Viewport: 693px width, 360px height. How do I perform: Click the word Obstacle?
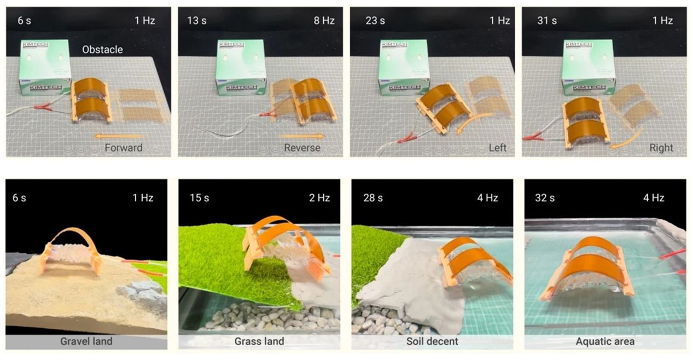pyautogui.click(x=102, y=50)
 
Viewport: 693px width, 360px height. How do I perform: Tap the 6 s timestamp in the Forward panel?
pyautogui.click(x=24, y=20)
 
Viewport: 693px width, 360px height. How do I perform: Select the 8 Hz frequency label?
pyautogui.click(x=324, y=20)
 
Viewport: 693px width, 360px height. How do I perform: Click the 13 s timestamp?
pyautogui.click(x=197, y=20)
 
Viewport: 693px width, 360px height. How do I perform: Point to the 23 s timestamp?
pyautogui.click(x=375, y=20)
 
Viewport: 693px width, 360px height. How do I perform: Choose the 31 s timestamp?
pyautogui.click(x=547, y=20)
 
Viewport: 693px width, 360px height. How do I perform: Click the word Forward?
pyautogui.click(x=124, y=148)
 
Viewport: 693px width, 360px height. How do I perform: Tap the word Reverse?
pyautogui.click(x=302, y=148)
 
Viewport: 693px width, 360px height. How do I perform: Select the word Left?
pyautogui.click(x=498, y=148)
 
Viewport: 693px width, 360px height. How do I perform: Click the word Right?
pyautogui.click(x=661, y=148)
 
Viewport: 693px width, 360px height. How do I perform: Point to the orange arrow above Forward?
pyautogui.click(x=119, y=136)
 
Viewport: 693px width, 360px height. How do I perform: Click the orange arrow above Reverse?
pyautogui.click(x=302, y=136)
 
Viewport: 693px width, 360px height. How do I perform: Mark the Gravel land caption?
pyautogui.click(x=86, y=341)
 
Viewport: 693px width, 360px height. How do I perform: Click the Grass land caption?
pyautogui.click(x=259, y=341)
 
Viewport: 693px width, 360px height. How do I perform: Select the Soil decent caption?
pyautogui.click(x=432, y=341)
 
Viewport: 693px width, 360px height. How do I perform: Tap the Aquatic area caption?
pyautogui.click(x=605, y=341)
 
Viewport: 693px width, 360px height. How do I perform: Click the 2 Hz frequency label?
pyautogui.click(x=319, y=198)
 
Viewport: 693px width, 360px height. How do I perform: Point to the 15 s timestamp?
pyautogui.click(x=199, y=198)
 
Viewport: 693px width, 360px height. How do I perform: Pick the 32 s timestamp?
pyautogui.click(x=545, y=198)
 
